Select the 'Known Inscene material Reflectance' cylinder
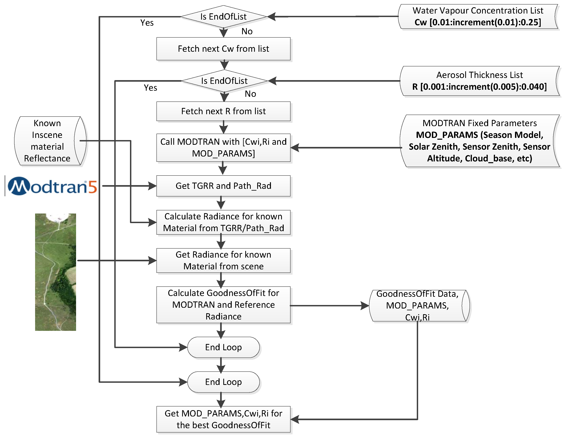click(47, 141)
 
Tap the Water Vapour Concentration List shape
click(478, 16)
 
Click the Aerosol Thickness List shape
click(479, 81)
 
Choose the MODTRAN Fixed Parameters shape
click(479, 141)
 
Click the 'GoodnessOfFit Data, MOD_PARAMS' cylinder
click(418, 306)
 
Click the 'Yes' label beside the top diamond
click(147, 23)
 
